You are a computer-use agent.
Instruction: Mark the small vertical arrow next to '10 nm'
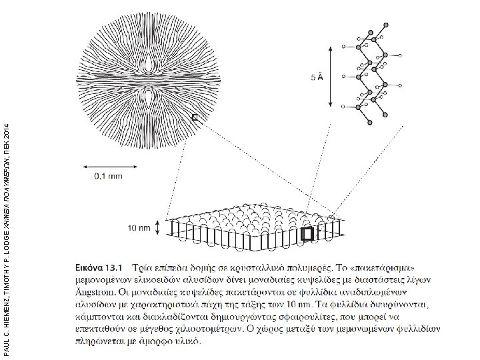click(x=158, y=228)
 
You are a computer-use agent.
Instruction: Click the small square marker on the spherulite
click(x=195, y=118)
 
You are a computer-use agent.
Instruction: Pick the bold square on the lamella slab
click(x=307, y=234)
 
